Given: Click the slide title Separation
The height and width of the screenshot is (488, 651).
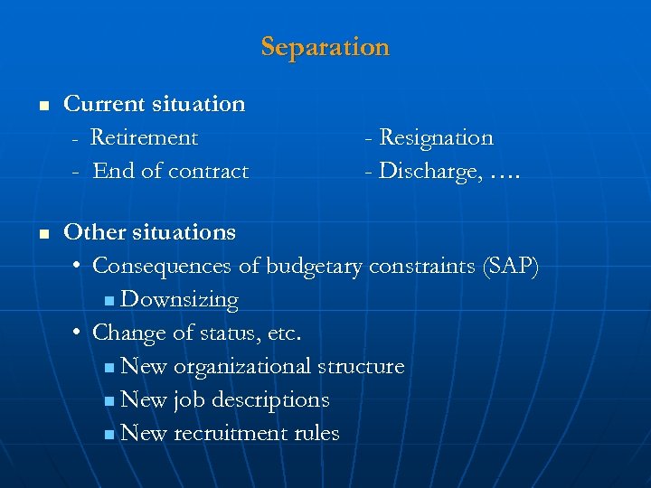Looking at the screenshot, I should (325, 46).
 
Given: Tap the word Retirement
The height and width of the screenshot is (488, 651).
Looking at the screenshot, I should (144, 137).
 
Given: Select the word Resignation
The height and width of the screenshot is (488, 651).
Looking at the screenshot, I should (436, 137).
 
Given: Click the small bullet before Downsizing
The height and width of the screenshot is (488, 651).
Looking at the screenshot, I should (109, 300).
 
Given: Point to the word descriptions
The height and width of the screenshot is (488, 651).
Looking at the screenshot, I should (269, 399).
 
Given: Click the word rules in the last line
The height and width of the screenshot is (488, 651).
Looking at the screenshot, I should (316, 433).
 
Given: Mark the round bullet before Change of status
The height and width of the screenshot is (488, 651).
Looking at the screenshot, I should (79, 333).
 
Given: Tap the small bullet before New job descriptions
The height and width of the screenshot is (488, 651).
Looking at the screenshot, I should (109, 400).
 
